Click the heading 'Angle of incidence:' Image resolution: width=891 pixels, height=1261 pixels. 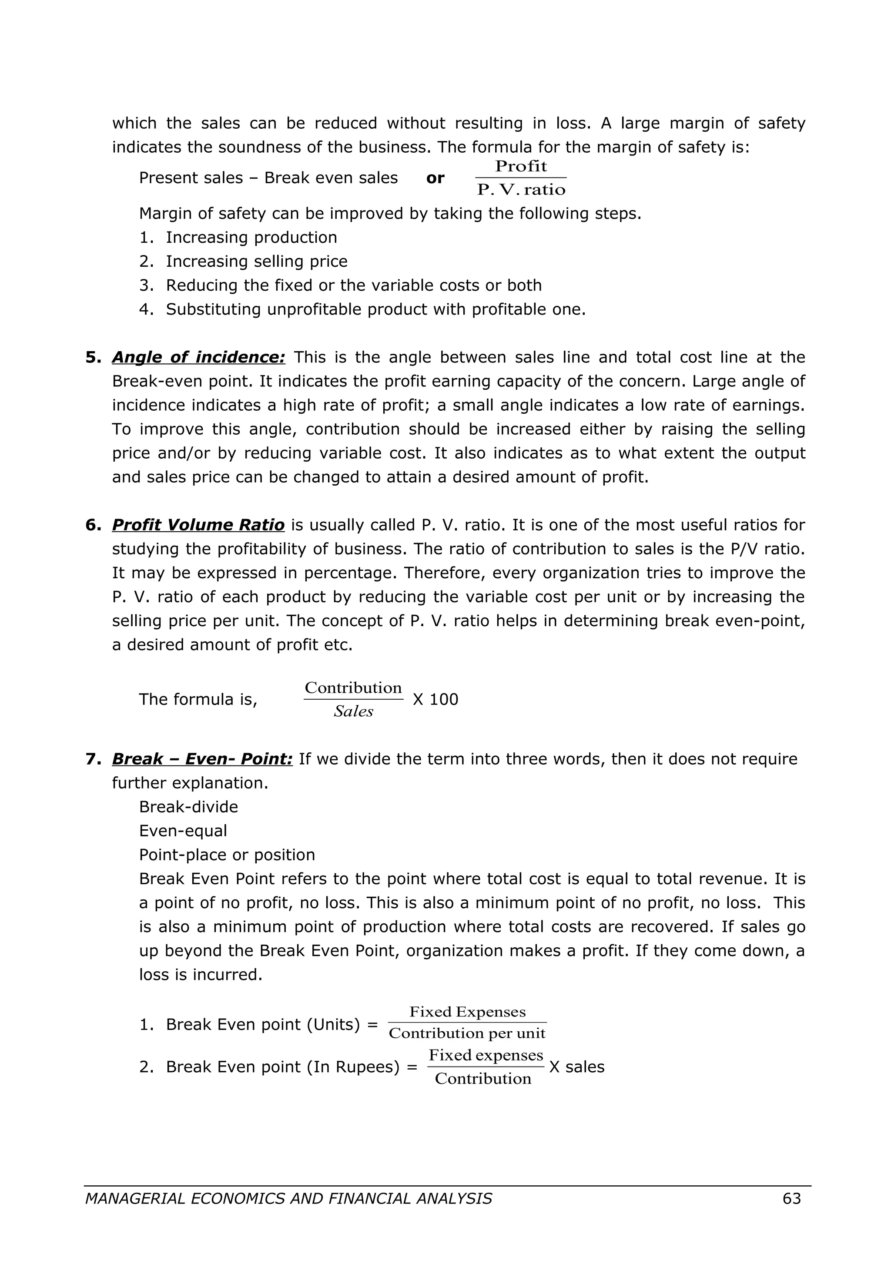(199, 358)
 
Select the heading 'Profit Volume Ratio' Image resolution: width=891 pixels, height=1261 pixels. (198, 525)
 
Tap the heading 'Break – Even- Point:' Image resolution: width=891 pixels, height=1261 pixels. (202, 759)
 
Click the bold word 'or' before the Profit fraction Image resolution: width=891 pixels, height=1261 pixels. (435, 178)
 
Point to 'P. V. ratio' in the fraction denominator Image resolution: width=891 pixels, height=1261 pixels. (521, 190)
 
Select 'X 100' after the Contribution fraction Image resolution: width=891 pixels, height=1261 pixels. (435, 699)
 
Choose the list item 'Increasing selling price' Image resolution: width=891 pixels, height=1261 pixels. (256, 262)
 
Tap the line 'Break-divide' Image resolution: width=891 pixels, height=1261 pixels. (188, 807)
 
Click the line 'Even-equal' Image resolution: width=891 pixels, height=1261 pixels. (183, 831)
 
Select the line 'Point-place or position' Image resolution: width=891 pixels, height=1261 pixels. (227, 855)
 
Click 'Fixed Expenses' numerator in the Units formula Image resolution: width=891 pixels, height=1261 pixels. (467, 1012)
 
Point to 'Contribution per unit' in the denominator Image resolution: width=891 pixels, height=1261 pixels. (467, 1033)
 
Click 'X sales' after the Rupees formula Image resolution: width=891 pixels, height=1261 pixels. (576, 1066)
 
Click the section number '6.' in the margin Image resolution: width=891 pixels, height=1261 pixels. (94, 525)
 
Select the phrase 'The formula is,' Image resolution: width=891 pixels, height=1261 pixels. (198, 699)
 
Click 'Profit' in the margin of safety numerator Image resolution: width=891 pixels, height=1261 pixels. (520, 166)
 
